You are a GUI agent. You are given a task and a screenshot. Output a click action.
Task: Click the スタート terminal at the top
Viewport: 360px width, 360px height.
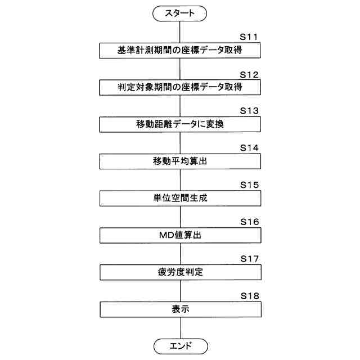[x=180, y=13]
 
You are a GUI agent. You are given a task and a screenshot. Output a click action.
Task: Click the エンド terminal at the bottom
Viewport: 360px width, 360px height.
[x=180, y=345]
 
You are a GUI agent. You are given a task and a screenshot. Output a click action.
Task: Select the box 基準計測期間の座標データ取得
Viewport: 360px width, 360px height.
[x=180, y=51]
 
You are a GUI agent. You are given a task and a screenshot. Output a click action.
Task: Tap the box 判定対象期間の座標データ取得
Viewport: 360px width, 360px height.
[x=180, y=88]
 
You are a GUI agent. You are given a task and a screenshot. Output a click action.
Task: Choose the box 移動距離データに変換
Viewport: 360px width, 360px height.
[x=180, y=125]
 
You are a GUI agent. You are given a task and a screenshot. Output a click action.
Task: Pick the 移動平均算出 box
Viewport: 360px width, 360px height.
[x=180, y=162]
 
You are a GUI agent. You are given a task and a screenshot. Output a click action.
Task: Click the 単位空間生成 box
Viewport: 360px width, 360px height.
[x=180, y=199]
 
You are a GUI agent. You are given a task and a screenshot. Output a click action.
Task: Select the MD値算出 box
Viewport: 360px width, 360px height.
[x=180, y=236]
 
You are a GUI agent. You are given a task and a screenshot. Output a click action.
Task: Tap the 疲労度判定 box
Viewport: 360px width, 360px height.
[x=180, y=273]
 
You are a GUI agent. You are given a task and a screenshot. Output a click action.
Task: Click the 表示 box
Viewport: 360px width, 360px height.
[x=180, y=309]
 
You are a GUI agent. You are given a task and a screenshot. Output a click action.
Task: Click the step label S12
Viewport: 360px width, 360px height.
[x=249, y=74]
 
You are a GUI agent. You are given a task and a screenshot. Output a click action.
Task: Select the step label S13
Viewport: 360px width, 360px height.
[x=249, y=111]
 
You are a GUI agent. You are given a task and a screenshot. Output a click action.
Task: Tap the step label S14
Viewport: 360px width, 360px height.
[x=249, y=148]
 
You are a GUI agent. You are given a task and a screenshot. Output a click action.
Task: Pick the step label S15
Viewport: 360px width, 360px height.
[x=249, y=184]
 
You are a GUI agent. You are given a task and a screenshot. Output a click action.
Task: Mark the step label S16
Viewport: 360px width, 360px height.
[x=249, y=222]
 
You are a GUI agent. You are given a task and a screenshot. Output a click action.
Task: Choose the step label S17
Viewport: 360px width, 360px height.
[x=249, y=259]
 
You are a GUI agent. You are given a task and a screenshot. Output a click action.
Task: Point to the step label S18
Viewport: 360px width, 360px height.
[x=249, y=295]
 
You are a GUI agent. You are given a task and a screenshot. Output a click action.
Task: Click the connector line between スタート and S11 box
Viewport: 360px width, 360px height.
[x=180, y=31]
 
